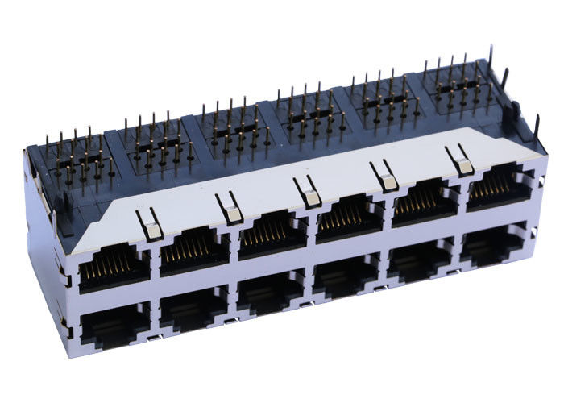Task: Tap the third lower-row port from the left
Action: pyautogui.click(x=272, y=293)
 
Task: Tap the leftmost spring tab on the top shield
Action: pyautogui.click(x=150, y=226)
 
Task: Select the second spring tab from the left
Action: pyautogui.click(x=230, y=209)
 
